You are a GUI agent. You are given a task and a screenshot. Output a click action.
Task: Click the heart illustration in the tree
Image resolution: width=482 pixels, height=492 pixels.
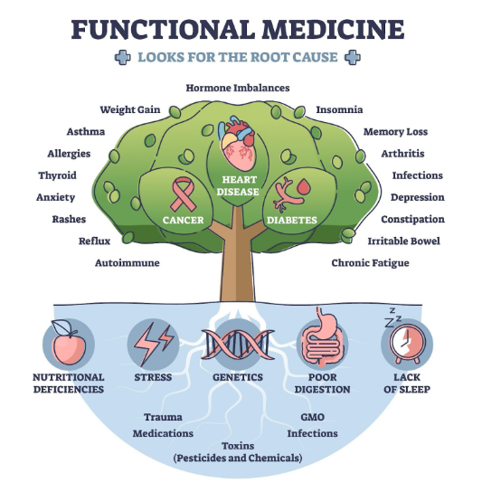[x=237, y=143]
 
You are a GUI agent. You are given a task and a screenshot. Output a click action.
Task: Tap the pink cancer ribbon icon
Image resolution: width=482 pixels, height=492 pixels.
[x=183, y=194]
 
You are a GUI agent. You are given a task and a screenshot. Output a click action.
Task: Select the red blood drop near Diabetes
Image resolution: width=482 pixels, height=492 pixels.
[x=304, y=186]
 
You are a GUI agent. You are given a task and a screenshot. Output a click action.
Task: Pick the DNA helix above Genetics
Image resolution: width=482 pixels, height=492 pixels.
[x=238, y=345]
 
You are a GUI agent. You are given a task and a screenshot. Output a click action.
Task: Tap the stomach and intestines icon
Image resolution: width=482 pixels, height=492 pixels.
[x=322, y=338]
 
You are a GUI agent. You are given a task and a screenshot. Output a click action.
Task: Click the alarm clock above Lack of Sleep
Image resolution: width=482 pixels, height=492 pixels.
[x=406, y=343]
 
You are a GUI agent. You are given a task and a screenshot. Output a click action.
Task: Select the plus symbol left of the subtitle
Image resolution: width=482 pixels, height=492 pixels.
[x=123, y=57]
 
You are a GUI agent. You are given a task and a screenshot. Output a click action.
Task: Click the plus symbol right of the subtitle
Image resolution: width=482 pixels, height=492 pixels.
[x=353, y=57]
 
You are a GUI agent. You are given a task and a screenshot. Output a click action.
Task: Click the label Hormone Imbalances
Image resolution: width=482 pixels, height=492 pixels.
[x=238, y=88]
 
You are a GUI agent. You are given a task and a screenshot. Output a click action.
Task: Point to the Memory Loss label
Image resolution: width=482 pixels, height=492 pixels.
[x=395, y=132]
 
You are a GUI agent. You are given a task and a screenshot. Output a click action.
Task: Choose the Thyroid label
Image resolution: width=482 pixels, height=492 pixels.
[x=58, y=175]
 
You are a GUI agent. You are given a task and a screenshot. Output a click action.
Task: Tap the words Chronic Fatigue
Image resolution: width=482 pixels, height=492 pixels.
[x=370, y=263]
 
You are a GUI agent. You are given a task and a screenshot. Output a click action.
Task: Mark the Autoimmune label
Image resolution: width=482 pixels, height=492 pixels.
[x=128, y=263]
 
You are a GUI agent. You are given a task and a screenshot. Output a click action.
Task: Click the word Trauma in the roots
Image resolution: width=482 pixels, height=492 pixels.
[x=163, y=417]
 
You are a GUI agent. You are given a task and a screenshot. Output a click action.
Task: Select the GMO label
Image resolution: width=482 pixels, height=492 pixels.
[x=312, y=417]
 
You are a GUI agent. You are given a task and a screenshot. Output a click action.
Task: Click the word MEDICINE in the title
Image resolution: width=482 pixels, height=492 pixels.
[x=333, y=30]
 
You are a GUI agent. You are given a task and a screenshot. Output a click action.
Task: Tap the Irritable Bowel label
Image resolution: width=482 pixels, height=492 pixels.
[x=404, y=241]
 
